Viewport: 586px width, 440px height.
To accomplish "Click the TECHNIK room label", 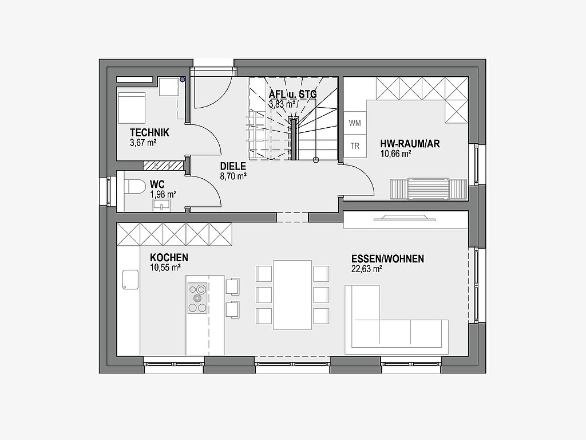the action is click(149, 132).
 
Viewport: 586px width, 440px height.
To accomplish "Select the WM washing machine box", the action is click(355, 123).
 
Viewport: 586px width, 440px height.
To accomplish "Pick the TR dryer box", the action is click(355, 146).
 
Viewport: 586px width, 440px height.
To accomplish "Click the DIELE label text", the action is click(233, 167).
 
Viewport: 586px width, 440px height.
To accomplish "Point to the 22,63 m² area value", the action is click(366, 269).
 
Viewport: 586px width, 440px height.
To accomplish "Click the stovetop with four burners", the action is click(197, 298).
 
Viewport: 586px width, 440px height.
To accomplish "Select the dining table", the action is click(292, 295).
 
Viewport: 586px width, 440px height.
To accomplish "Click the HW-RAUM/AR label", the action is click(410, 144).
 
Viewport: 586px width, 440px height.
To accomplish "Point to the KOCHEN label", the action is click(169, 257).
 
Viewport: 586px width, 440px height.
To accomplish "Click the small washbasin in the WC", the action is click(161, 205).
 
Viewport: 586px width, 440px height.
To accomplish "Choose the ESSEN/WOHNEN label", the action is click(387, 259).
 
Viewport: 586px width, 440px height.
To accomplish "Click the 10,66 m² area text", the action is click(395, 154).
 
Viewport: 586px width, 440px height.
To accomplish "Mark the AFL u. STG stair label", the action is click(292, 95).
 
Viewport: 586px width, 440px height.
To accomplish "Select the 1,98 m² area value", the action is click(163, 194).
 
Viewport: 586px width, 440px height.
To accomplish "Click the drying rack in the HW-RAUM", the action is click(428, 188).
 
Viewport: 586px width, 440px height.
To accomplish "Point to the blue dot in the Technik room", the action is click(183, 79).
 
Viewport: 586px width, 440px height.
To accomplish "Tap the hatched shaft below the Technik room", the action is click(163, 165).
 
